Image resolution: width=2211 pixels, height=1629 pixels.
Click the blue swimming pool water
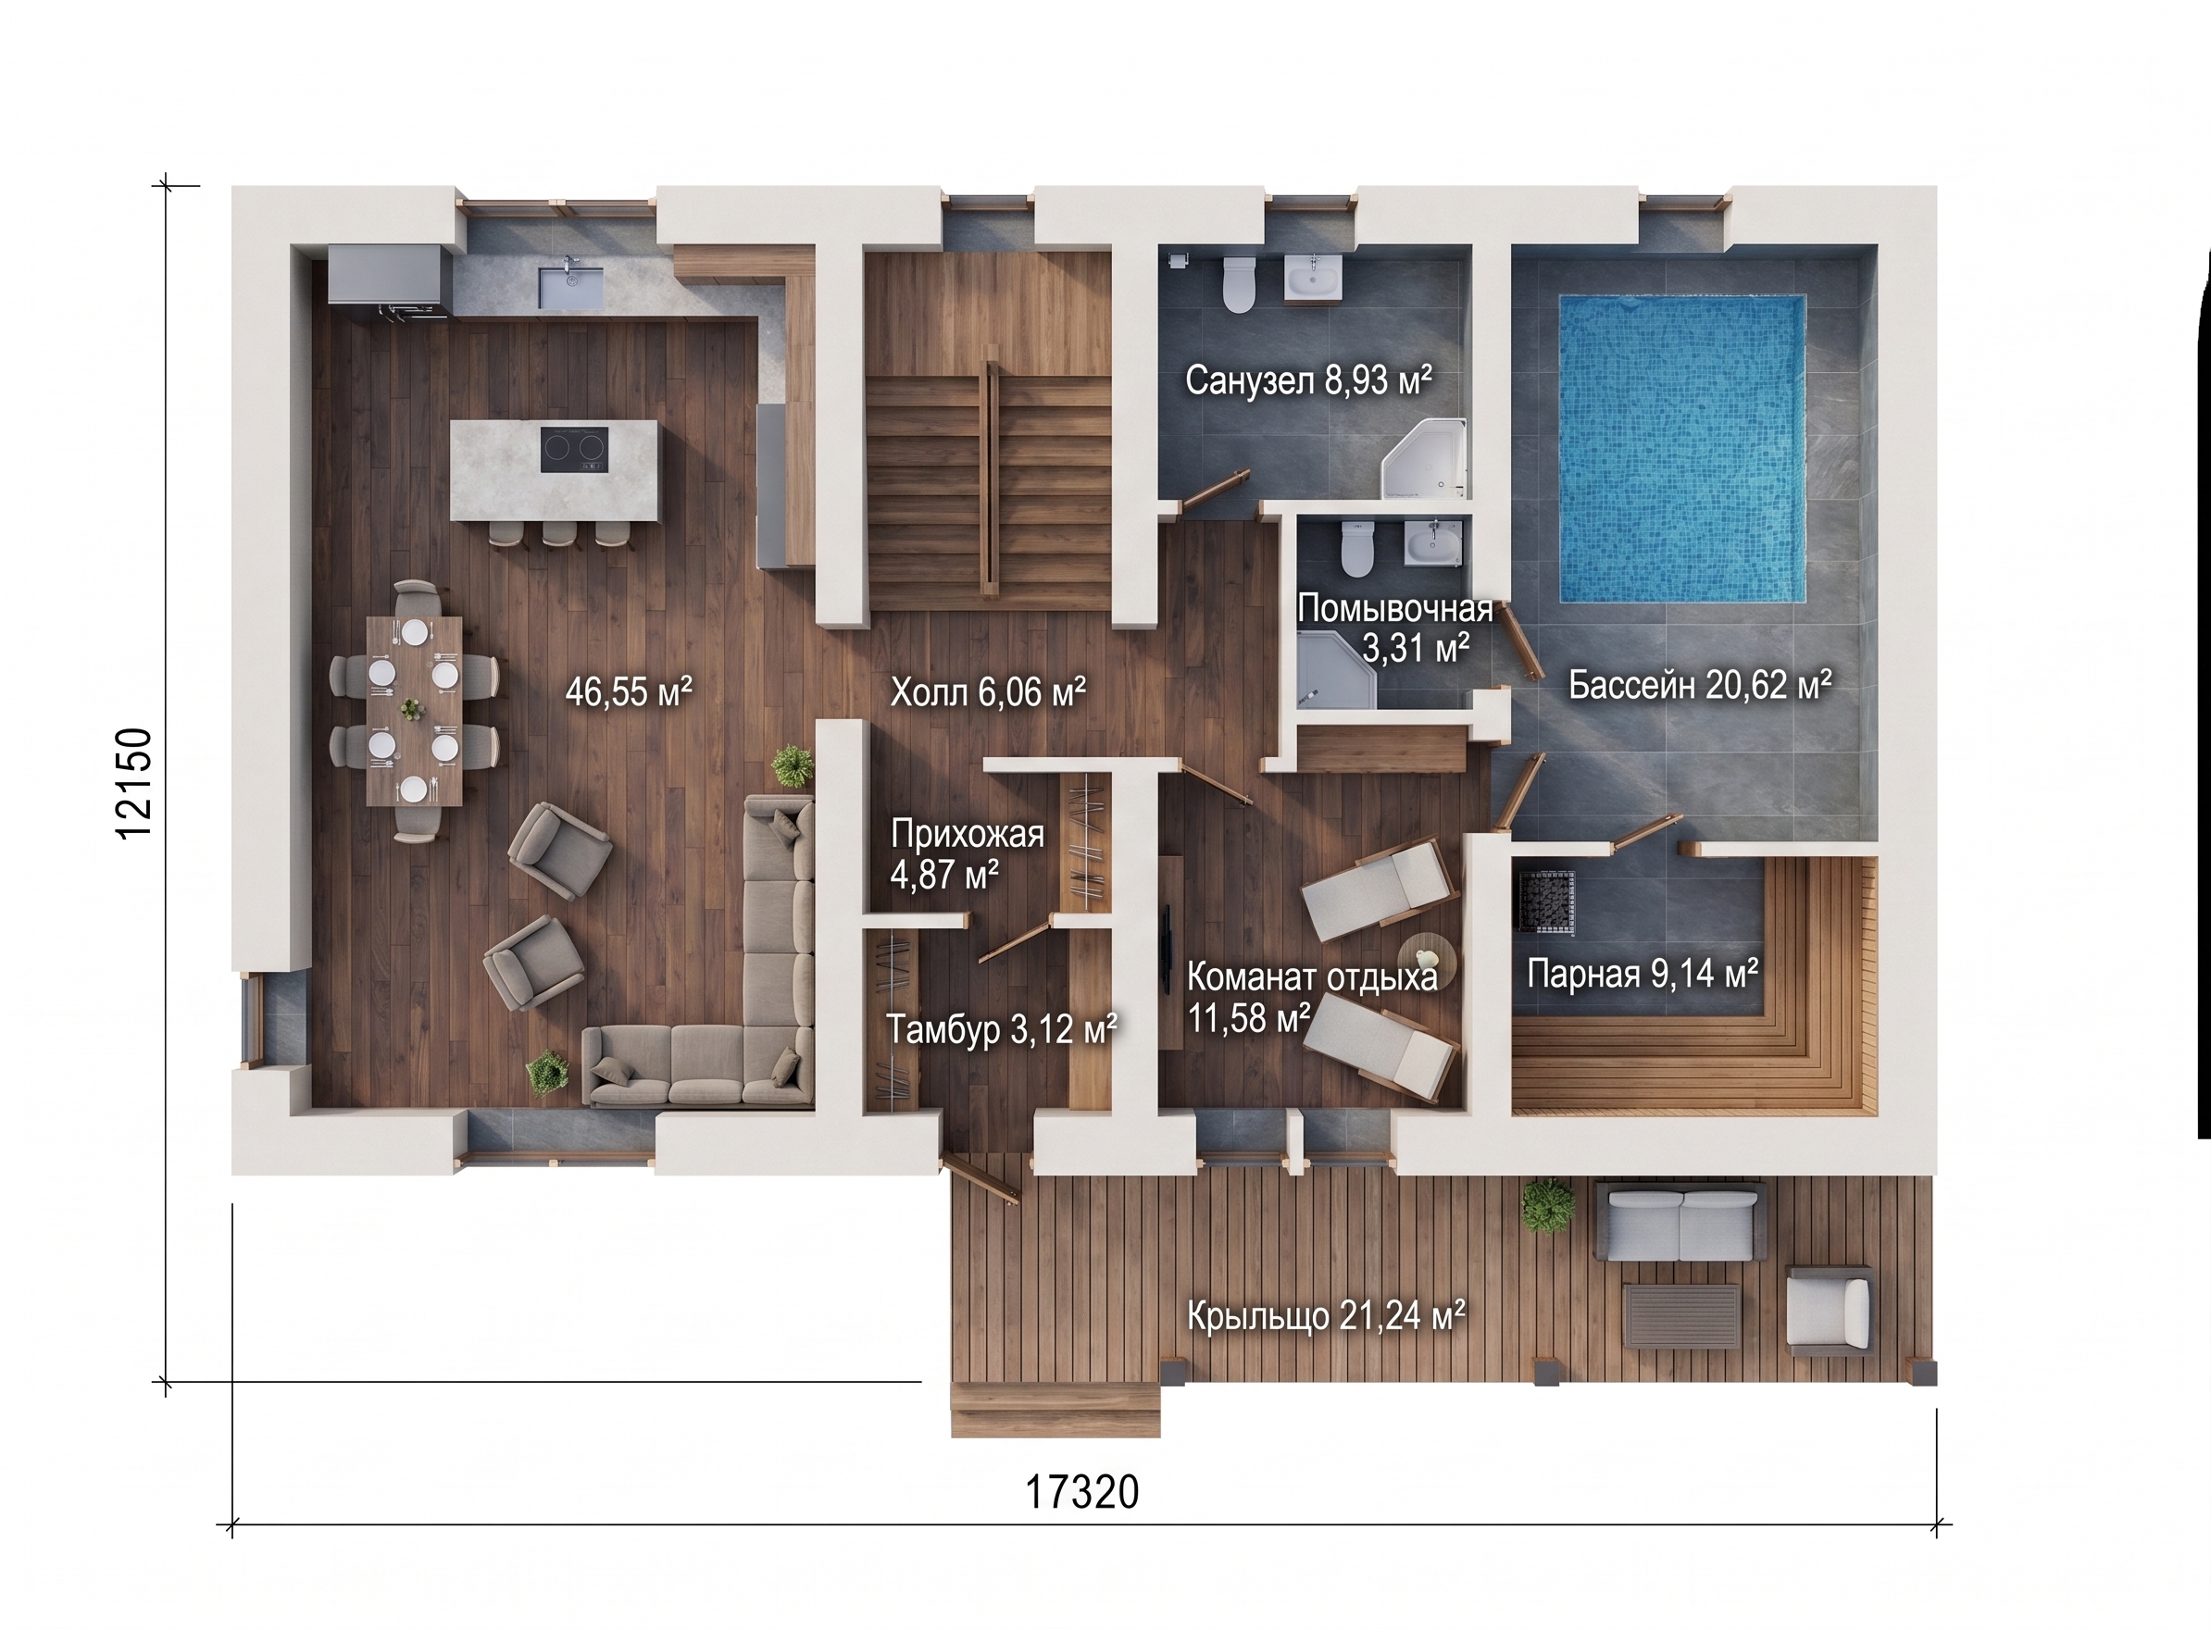click(x=1681, y=449)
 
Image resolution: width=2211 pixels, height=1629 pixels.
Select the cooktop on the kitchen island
click(x=574, y=450)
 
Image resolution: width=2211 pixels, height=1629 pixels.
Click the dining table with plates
click(x=414, y=711)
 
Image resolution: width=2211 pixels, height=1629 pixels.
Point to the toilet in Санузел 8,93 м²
click(x=1238, y=283)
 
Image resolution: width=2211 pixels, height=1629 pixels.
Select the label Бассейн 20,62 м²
click(x=1700, y=684)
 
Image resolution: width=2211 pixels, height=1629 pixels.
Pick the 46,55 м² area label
click(x=628, y=692)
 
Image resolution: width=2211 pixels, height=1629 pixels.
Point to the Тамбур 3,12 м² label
click(x=1001, y=1030)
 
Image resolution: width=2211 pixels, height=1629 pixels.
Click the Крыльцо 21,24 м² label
click(x=1327, y=1316)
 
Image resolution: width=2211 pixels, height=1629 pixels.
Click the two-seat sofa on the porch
click(x=1680, y=1223)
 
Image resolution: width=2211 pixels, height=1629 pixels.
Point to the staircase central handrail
click(x=989, y=479)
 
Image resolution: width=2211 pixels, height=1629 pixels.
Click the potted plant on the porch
click(x=1546, y=1205)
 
